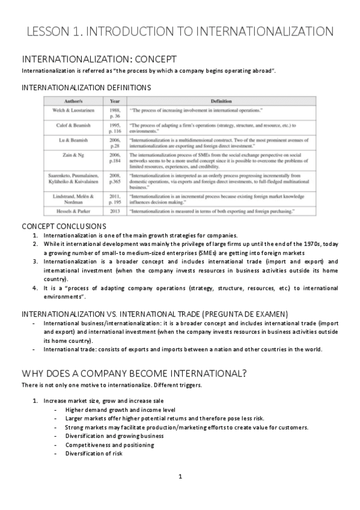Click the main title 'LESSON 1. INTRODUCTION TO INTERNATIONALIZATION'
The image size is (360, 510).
pyautogui.click(x=180, y=31)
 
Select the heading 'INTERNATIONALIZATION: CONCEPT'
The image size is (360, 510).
pyautogui.click(x=99, y=60)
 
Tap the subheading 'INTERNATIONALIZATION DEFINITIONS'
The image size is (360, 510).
pyautogui.click(x=86, y=88)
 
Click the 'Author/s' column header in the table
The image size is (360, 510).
pyautogui.click(x=74, y=101)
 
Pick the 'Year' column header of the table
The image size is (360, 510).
pyautogui.click(x=114, y=101)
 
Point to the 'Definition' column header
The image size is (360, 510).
pyautogui.click(x=221, y=101)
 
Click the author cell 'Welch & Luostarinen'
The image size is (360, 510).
pyautogui.click(x=74, y=111)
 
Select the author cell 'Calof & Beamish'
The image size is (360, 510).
pyautogui.click(x=74, y=126)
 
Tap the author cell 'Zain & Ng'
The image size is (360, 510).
pyautogui.click(x=74, y=155)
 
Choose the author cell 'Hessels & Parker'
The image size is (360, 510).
pyautogui.click(x=74, y=212)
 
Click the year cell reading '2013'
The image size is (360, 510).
pyautogui.click(x=114, y=212)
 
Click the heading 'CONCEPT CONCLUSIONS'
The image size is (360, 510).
pyautogui.click(x=64, y=226)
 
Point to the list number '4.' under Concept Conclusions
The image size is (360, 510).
pyautogui.click(x=35, y=288)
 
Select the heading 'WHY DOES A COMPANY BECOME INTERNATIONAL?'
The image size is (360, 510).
pyautogui.click(x=134, y=372)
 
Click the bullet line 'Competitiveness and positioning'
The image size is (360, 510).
pyautogui.click(x=109, y=445)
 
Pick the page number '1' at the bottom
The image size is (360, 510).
pyautogui.click(x=180, y=476)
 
